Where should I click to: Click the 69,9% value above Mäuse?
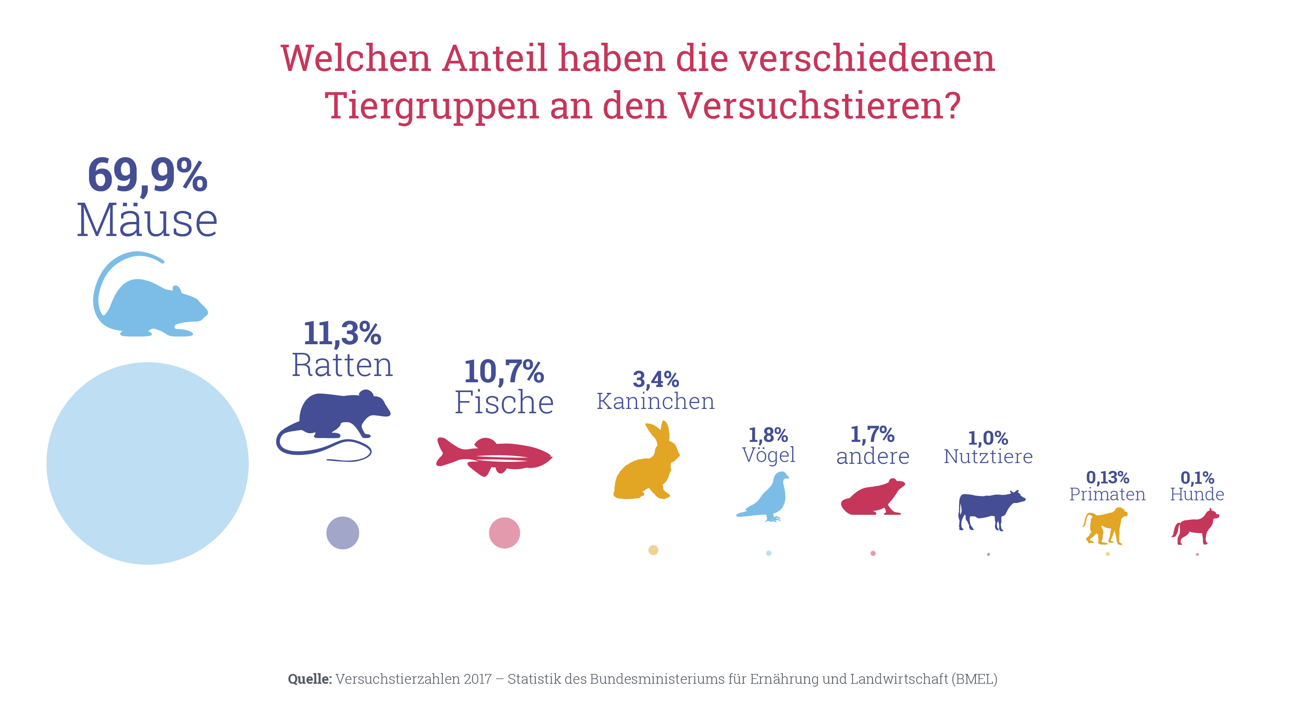[x=147, y=175]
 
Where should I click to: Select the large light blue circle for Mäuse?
[x=147, y=463]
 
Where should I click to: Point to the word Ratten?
[x=342, y=365]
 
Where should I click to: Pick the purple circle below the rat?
[x=343, y=533]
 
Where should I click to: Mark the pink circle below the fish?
[x=504, y=533]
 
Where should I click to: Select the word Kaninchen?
[x=655, y=401]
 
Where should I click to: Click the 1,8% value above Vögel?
[x=768, y=434]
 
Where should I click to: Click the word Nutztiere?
[x=988, y=457]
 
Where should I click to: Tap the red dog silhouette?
[x=1196, y=528]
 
